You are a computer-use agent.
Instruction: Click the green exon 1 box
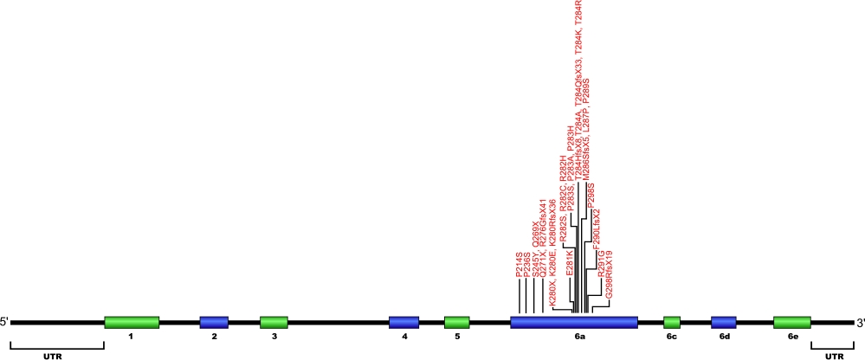(x=132, y=323)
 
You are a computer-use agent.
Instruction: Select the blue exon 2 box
(x=214, y=323)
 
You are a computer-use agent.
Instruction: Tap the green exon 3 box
(x=274, y=323)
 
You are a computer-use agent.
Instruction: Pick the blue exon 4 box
(x=403, y=323)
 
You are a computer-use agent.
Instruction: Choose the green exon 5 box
(x=456, y=323)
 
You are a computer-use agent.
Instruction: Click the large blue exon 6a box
(x=574, y=323)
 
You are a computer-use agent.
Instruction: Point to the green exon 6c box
(x=672, y=323)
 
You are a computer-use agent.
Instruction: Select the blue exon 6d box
(x=724, y=323)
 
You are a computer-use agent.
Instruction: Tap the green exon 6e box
(x=792, y=323)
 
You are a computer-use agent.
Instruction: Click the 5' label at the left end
(x=5, y=323)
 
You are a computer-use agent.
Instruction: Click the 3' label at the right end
(x=860, y=323)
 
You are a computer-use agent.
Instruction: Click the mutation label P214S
(x=520, y=265)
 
